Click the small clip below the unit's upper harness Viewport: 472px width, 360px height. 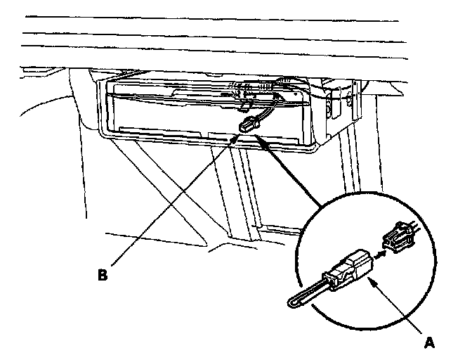[x=246, y=106]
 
